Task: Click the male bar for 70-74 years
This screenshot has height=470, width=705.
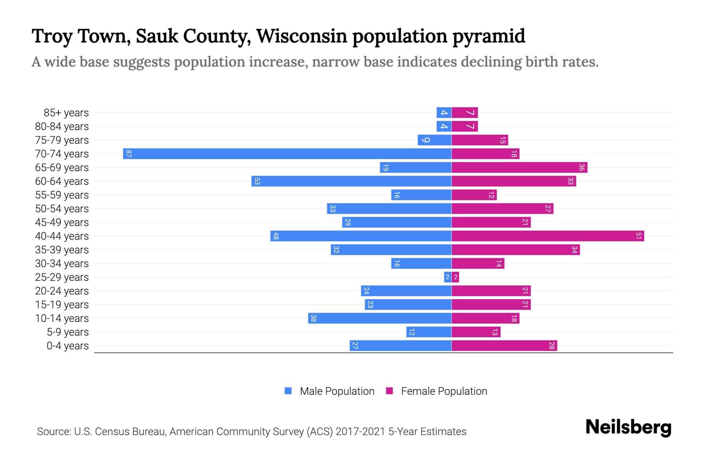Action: pos(287,154)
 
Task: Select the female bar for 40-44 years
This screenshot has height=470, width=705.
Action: pos(548,236)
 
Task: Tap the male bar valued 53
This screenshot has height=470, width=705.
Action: pos(351,181)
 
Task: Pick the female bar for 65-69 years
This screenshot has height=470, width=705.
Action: pos(519,167)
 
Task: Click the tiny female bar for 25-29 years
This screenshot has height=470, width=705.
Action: pos(456,277)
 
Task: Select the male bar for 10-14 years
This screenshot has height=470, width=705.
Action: pos(380,318)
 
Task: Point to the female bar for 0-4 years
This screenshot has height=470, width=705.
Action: pos(504,345)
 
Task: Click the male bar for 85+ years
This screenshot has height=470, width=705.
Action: pos(444,112)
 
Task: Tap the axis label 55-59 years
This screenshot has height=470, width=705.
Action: pos(62,195)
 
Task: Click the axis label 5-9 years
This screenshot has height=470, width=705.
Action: pos(68,332)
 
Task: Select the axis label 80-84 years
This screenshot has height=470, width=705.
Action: pos(62,127)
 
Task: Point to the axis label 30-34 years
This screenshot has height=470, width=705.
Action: pos(62,264)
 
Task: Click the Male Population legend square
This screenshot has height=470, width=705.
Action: pos(288,391)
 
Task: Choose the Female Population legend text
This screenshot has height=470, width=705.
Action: pos(444,391)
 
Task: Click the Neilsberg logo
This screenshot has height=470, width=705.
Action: pos(628,427)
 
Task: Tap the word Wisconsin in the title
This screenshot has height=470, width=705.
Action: pos(302,36)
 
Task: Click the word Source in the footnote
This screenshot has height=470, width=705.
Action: pos(53,432)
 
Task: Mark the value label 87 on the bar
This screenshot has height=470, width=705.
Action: pos(128,154)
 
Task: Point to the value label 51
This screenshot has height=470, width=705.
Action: pos(638,236)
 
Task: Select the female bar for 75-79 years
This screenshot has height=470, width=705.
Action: pos(480,140)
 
